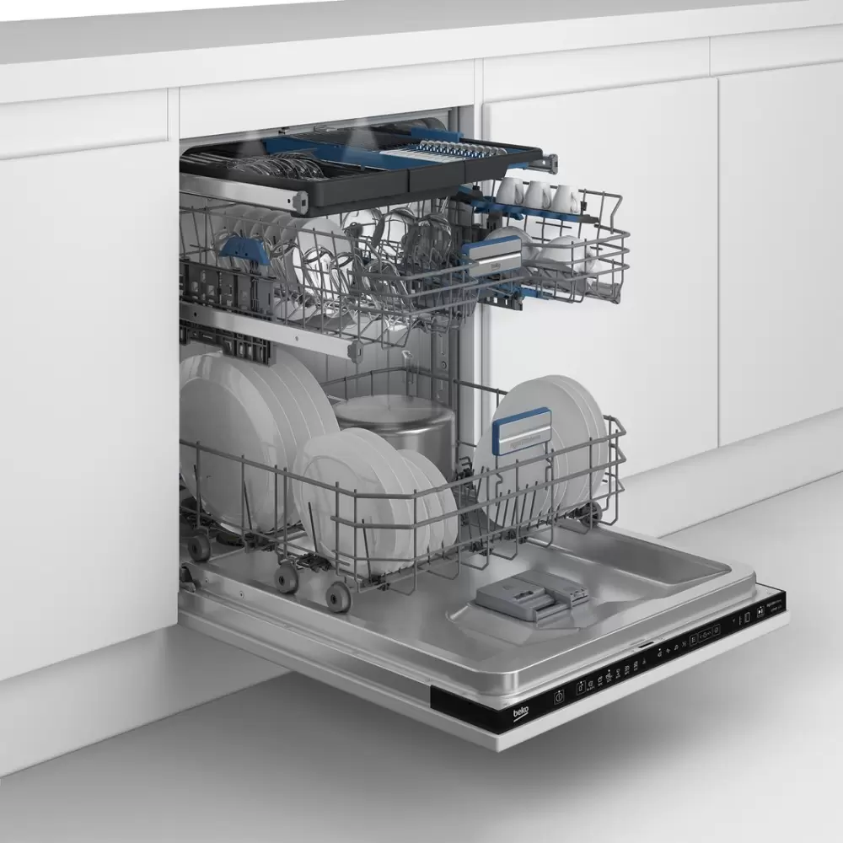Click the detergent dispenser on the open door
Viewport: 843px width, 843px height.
click(532, 597)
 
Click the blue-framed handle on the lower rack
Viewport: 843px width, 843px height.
click(522, 430)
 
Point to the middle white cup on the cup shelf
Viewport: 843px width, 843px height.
click(537, 196)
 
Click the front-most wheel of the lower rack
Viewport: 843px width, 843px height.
click(338, 596)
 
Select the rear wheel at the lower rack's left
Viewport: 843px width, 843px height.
click(199, 547)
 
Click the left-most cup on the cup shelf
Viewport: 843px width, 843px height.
click(509, 192)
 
